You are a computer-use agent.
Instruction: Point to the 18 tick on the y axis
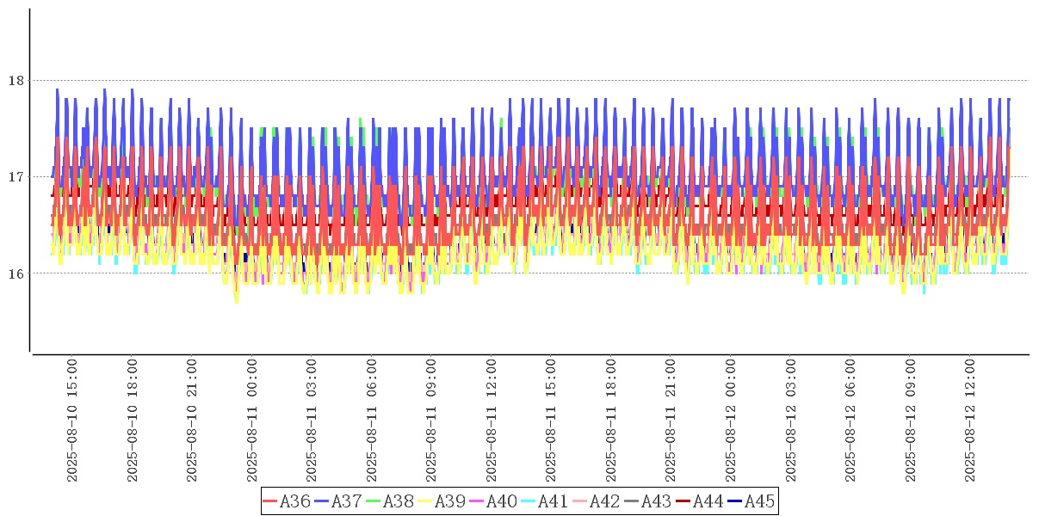tap(15, 81)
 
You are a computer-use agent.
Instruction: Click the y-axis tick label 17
tap(15, 177)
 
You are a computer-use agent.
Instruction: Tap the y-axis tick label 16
tap(15, 273)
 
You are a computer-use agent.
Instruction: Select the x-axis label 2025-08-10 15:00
tap(72, 421)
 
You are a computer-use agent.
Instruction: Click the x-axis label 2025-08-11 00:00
tap(252, 421)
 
